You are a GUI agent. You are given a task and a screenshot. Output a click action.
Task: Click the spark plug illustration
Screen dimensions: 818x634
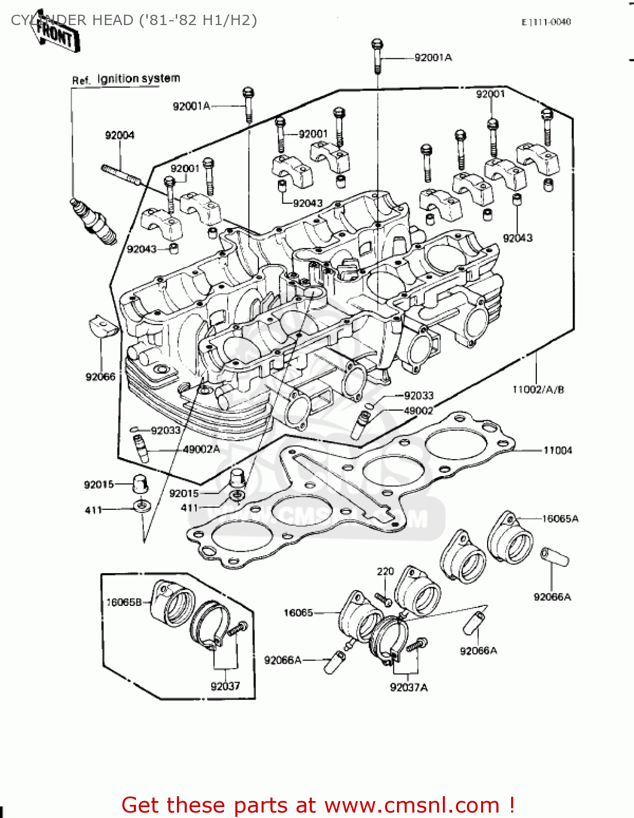(x=93, y=221)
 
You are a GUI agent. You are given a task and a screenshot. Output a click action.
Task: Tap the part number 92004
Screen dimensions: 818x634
(x=120, y=135)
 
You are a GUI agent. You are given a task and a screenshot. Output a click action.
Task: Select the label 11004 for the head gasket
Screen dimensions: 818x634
(x=557, y=450)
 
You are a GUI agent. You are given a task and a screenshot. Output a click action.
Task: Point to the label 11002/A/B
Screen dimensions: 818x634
(x=538, y=389)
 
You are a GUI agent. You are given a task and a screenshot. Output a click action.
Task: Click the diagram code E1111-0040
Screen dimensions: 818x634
(x=546, y=22)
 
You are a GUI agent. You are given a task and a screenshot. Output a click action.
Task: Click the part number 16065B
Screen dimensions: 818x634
(x=124, y=602)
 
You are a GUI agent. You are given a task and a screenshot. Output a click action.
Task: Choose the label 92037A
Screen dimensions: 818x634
(x=408, y=688)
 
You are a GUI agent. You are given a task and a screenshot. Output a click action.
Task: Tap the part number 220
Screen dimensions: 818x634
(x=385, y=572)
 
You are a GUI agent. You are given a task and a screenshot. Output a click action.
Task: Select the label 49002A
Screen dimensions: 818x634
(x=201, y=449)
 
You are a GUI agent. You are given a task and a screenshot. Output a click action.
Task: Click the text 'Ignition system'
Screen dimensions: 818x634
(x=139, y=79)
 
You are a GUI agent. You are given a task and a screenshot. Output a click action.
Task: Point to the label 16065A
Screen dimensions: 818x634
(x=560, y=519)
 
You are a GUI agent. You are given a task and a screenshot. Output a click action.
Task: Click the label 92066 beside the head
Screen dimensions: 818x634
(x=100, y=377)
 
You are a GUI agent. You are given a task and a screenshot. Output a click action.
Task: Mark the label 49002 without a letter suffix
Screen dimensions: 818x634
(x=418, y=411)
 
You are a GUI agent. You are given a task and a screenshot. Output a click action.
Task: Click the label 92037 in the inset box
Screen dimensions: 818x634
(x=225, y=686)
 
